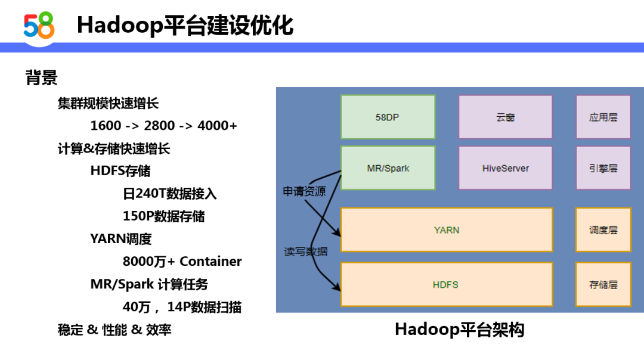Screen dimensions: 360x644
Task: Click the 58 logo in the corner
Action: pos(39,25)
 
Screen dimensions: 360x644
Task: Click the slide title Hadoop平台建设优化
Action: pos(185,26)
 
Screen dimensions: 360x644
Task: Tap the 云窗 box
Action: pos(505,117)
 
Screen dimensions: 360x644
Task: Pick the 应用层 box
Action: pos(603,117)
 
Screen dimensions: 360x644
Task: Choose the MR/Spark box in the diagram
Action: pos(388,168)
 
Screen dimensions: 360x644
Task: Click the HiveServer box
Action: pos(505,168)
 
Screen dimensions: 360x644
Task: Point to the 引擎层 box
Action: pos(603,168)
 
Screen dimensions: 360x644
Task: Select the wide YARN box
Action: pos(447,230)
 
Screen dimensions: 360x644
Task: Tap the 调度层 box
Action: pos(603,230)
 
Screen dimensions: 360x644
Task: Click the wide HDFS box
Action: pos(447,284)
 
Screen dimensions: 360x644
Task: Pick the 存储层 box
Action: pos(603,284)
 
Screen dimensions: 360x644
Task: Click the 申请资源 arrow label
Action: pos(304,191)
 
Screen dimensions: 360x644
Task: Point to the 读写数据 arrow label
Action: pos(305,252)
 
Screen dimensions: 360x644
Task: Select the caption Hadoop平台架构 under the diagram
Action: pos(459,330)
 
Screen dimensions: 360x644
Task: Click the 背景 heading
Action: pos(41,77)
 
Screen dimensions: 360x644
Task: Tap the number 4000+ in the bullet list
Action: pos(217,126)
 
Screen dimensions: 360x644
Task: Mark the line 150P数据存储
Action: pos(163,216)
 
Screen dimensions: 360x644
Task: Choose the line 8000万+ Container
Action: pos(182,262)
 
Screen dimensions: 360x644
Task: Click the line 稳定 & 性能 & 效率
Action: pos(114,330)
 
